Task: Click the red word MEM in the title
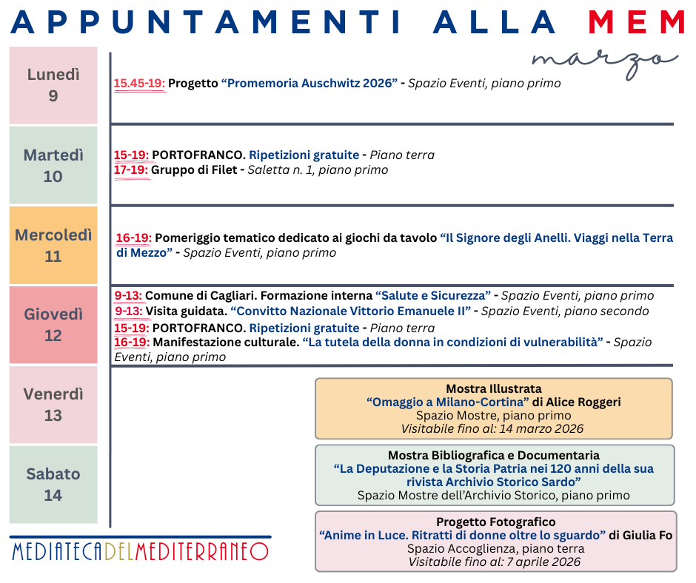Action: pos(637,22)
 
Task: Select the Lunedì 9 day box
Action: pos(53,85)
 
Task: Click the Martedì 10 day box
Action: pos(53,165)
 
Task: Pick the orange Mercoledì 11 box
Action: pos(53,246)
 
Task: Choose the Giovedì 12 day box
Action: pos(53,325)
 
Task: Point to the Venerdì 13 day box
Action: pos(53,405)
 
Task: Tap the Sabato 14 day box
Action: pos(53,485)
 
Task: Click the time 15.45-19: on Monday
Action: pos(139,84)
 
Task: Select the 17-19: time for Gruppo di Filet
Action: pos(131,170)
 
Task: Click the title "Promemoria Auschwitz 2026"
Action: pos(309,84)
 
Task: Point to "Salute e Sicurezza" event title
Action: pos(433,296)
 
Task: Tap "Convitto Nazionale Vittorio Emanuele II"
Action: pos(350,311)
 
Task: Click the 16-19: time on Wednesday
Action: pos(134,238)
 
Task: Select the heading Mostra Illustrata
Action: pos(493,388)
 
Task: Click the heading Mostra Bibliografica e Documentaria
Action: pos(493,455)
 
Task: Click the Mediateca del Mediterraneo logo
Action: pos(140,551)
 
